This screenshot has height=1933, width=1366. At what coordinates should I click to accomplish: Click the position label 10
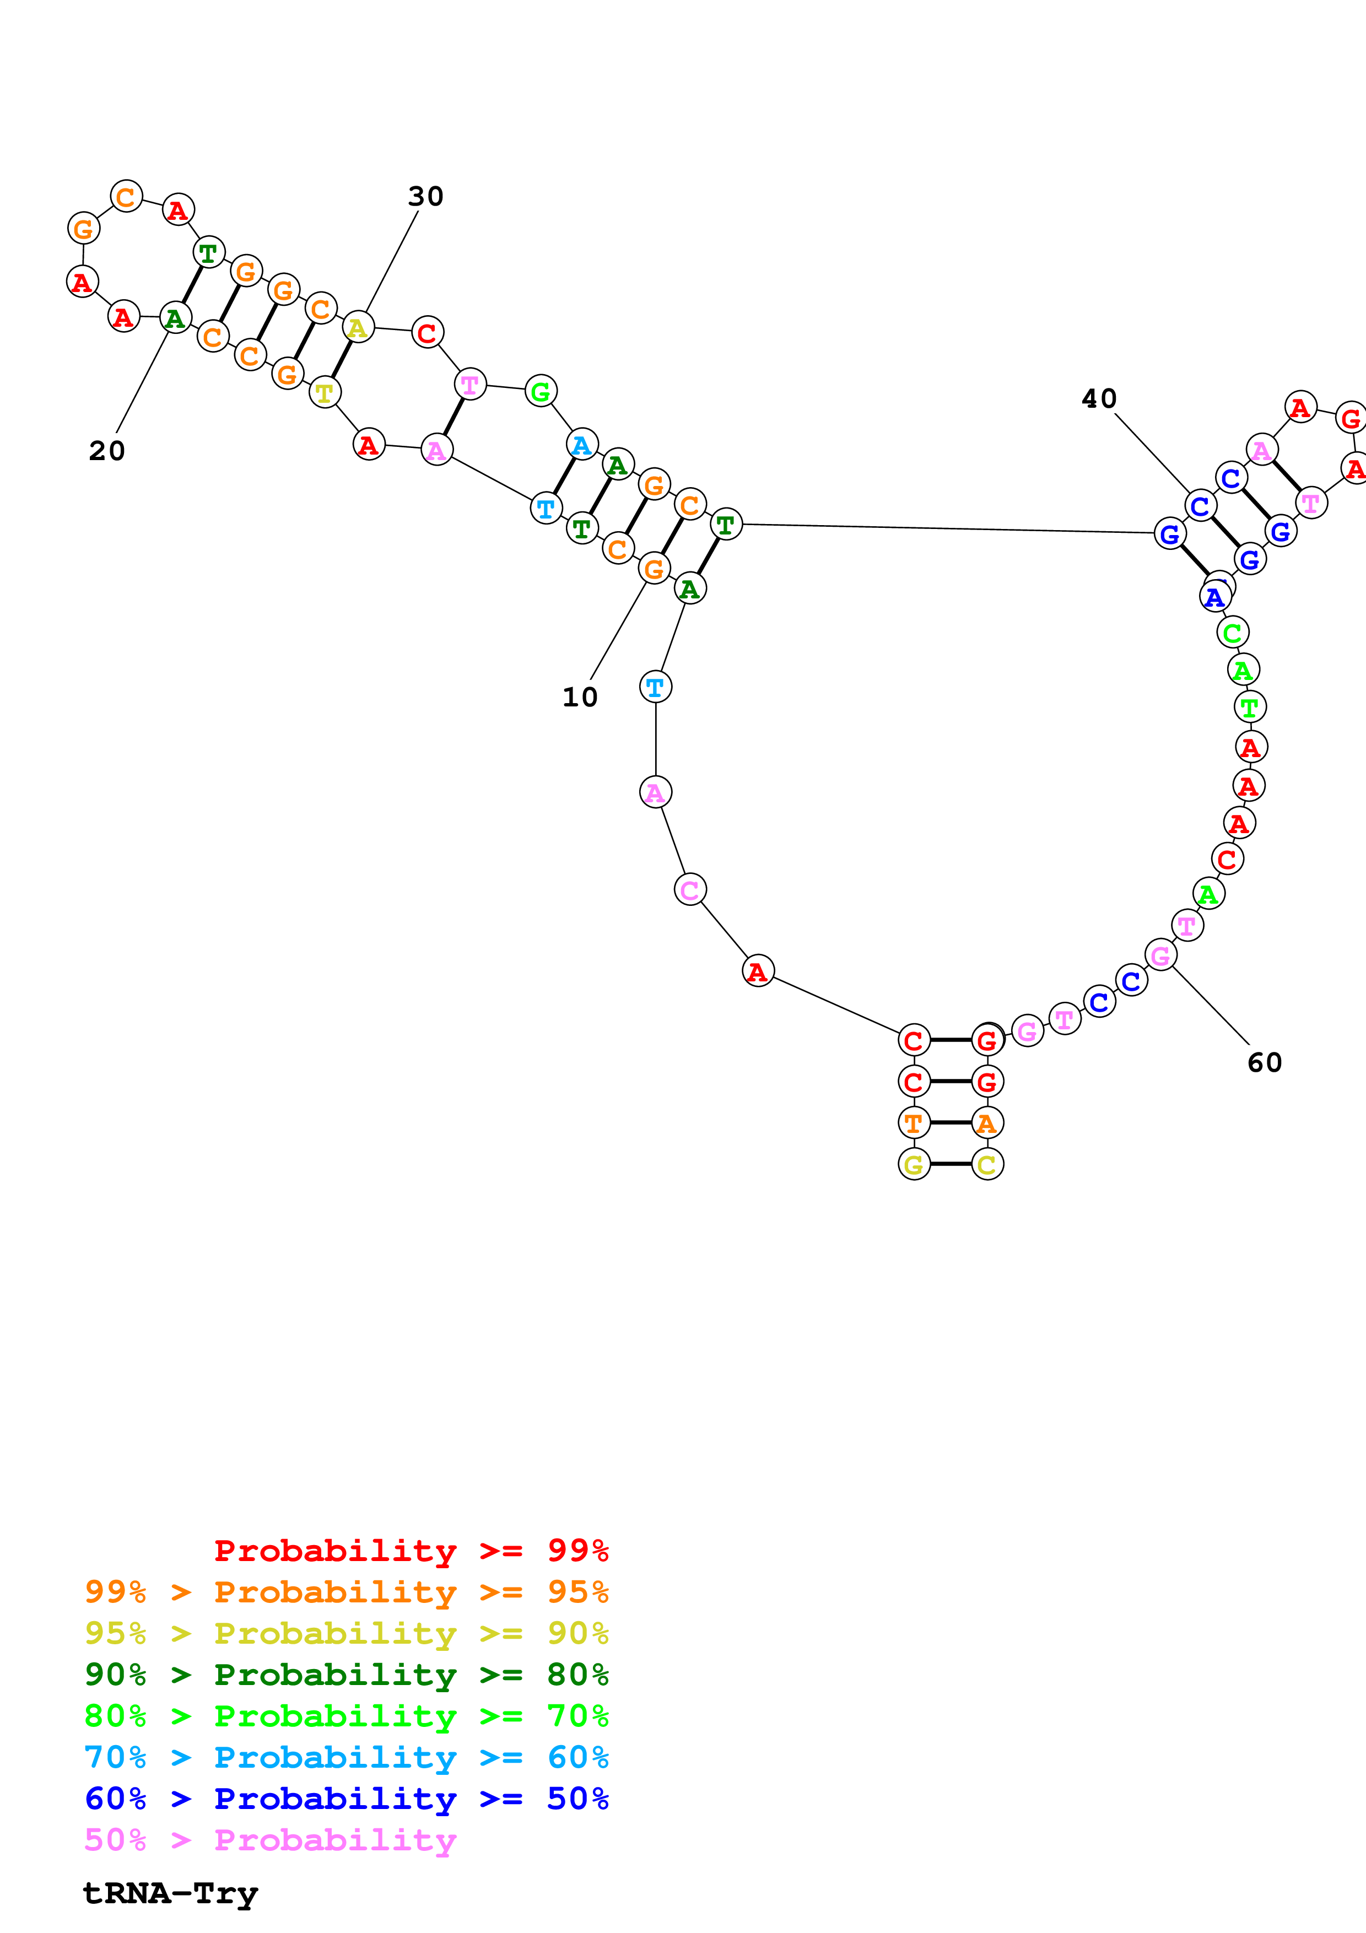[x=580, y=697]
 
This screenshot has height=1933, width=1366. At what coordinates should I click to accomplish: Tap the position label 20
[x=107, y=451]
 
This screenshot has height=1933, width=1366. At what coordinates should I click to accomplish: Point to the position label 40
[x=1099, y=399]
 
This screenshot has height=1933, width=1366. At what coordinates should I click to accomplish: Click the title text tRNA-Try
[x=171, y=1893]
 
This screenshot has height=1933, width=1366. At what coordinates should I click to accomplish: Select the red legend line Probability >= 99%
[x=412, y=1551]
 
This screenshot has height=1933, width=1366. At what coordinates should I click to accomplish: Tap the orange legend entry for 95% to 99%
[x=347, y=1592]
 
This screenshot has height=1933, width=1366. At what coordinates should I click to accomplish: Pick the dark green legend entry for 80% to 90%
[x=347, y=1675]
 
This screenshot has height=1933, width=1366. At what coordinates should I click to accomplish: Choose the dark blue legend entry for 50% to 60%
[x=347, y=1799]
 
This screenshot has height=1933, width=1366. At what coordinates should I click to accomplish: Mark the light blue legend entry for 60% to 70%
[x=347, y=1757]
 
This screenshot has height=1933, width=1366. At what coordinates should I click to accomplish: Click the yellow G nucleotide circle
[x=914, y=1164]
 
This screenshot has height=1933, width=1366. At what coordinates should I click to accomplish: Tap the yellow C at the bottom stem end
[x=987, y=1164]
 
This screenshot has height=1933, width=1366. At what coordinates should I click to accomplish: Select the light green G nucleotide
[x=541, y=391]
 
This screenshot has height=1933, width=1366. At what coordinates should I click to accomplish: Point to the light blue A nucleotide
[x=581, y=445]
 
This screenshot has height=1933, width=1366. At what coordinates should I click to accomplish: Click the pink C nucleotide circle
[x=690, y=889]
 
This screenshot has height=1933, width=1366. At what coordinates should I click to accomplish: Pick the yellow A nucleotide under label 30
[x=358, y=327]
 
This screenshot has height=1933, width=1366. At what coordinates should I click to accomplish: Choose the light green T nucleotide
[x=1250, y=707]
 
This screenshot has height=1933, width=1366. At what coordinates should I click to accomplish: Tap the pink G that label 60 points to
[x=1160, y=955]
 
